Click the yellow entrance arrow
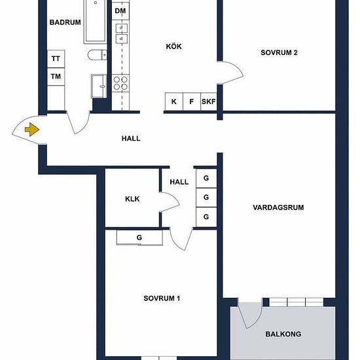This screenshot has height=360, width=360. tap(32, 130)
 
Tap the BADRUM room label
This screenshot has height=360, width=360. tap(65, 22)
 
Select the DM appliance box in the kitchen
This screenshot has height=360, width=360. tap(120, 10)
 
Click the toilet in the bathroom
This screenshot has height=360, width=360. tap(97, 55)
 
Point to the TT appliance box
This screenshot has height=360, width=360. tap(56, 59)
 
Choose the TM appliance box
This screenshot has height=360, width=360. tap(56, 77)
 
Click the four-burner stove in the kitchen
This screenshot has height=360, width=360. tap(120, 83)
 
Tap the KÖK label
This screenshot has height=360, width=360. tap(174, 46)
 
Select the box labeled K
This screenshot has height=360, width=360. tap(174, 101)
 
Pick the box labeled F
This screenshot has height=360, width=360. tap(192, 101)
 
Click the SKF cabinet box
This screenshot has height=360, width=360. tap(209, 101)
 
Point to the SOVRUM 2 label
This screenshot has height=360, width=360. tap(279, 52)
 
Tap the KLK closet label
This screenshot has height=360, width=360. tap(132, 199)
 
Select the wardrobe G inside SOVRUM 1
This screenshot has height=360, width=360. tap(139, 238)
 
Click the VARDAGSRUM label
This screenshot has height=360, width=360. tap(278, 207)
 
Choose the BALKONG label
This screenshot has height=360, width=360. tap(283, 334)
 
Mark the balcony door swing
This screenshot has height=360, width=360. tap(250, 314)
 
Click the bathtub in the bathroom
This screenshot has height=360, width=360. tap(96, 22)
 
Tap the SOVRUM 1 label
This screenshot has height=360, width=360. tap(162, 298)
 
